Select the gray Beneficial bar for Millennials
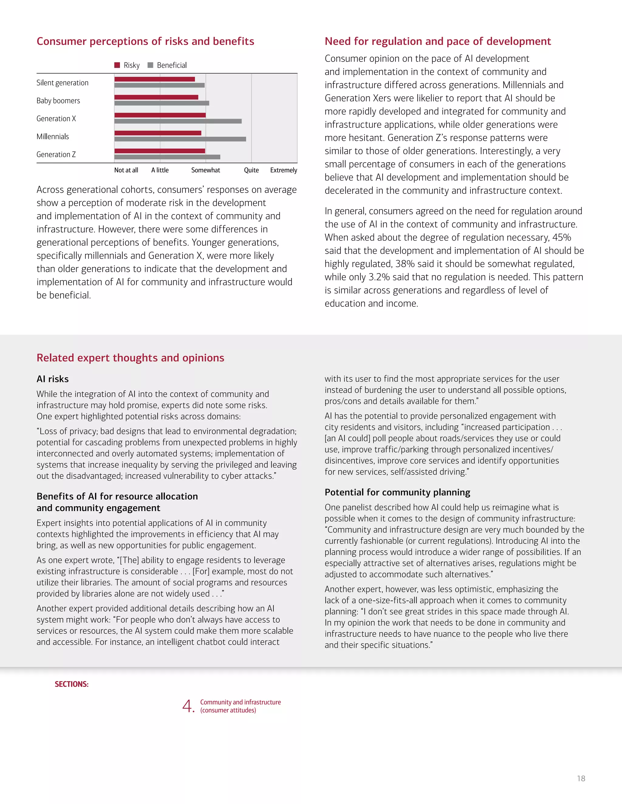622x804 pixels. (x=180, y=139)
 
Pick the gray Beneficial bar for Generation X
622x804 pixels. (x=178, y=121)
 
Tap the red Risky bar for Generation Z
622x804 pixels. (x=159, y=151)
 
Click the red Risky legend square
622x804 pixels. (x=117, y=65)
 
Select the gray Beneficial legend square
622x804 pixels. (x=150, y=65)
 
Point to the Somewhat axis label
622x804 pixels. (x=205, y=170)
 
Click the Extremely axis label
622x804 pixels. (x=283, y=170)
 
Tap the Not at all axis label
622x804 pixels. (x=126, y=170)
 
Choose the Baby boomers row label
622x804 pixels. (x=58, y=100)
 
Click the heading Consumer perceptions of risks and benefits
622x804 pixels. (x=145, y=41)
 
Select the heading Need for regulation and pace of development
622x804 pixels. (x=437, y=41)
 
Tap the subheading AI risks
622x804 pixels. (x=52, y=379)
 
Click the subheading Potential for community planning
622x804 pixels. (x=397, y=492)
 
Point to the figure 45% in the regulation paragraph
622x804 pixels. (x=561, y=238)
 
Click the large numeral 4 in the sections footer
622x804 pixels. (x=188, y=706)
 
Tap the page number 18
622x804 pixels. (x=581, y=779)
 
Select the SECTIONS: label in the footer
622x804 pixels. (x=71, y=684)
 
